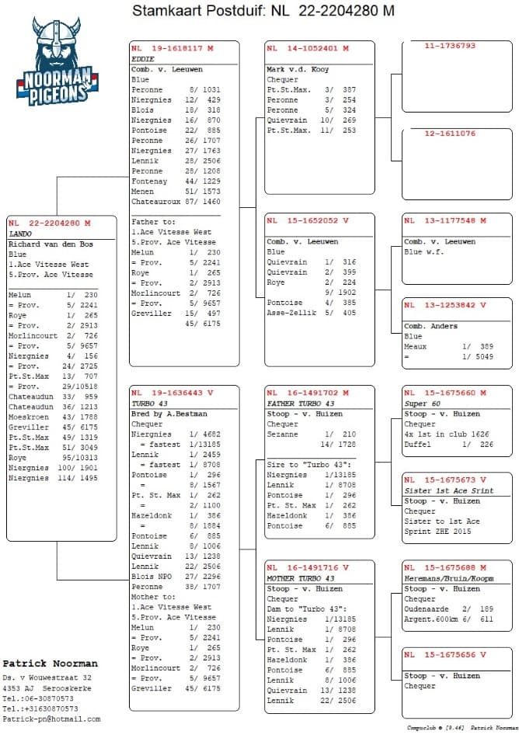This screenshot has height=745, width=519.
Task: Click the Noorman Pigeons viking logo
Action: tap(54, 62)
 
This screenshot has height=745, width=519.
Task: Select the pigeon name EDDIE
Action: tap(142, 58)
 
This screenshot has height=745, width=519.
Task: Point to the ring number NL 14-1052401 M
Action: tap(308, 48)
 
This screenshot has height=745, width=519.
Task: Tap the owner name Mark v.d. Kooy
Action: tap(298, 69)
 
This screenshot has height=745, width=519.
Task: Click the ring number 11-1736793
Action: tap(450, 46)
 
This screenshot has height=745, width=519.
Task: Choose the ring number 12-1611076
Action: tap(450, 133)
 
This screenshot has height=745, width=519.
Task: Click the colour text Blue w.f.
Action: tap(423, 251)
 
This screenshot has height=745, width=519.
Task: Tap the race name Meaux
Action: tap(416, 347)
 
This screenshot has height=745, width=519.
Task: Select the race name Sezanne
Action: tap(282, 435)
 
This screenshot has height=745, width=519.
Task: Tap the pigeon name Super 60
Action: tap(423, 404)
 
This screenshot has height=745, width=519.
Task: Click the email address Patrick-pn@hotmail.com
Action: tap(51, 719)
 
